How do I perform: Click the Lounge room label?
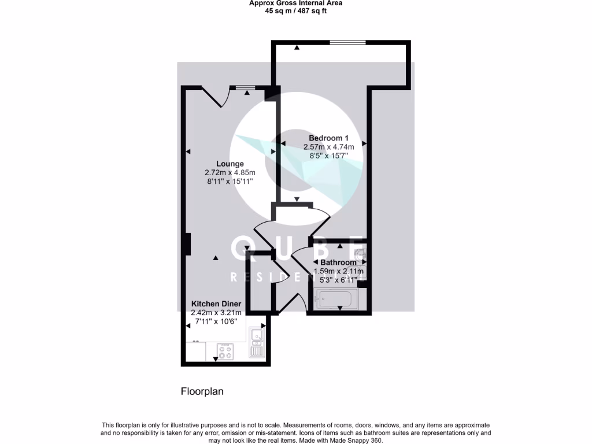[x=230, y=164]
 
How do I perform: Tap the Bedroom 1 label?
[x=328, y=138]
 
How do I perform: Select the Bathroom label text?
[x=338, y=262]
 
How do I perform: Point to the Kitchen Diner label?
[x=216, y=304]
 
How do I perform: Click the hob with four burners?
[x=225, y=351]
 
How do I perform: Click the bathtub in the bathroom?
[x=335, y=299]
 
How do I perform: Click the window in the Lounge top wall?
[x=245, y=88]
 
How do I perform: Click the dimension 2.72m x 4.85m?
[x=230, y=172]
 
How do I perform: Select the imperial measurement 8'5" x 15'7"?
[x=328, y=156]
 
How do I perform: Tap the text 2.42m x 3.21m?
[x=216, y=313]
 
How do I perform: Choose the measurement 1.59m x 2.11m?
[x=338, y=271]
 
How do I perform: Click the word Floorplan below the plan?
[x=202, y=391]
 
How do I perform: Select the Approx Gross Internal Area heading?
[x=295, y=3]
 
